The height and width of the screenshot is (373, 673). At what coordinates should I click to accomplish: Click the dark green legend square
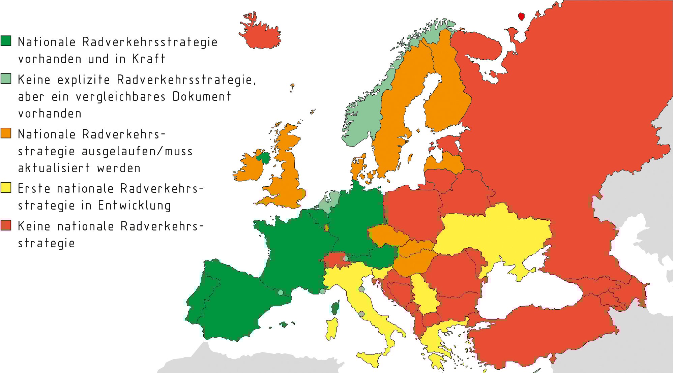(x=6, y=41)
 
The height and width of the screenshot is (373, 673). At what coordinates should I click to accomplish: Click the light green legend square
(x=6, y=79)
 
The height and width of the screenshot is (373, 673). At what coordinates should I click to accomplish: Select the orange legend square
(x=6, y=133)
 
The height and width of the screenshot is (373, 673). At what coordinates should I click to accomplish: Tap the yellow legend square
(x=6, y=187)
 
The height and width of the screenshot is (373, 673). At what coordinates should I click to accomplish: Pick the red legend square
(x=6, y=225)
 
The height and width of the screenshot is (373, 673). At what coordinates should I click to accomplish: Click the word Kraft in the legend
(x=148, y=59)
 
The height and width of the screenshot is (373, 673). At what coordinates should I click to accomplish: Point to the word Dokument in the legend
(x=202, y=96)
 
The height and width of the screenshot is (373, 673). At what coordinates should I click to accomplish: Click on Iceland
(x=261, y=34)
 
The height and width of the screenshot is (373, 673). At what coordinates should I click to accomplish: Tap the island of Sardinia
(x=332, y=328)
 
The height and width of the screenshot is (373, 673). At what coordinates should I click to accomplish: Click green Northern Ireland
(x=264, y=157)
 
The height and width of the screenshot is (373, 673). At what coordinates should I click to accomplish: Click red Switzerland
(x=334, y=259)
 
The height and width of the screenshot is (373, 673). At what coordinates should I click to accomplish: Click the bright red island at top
(x=521, y=16)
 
